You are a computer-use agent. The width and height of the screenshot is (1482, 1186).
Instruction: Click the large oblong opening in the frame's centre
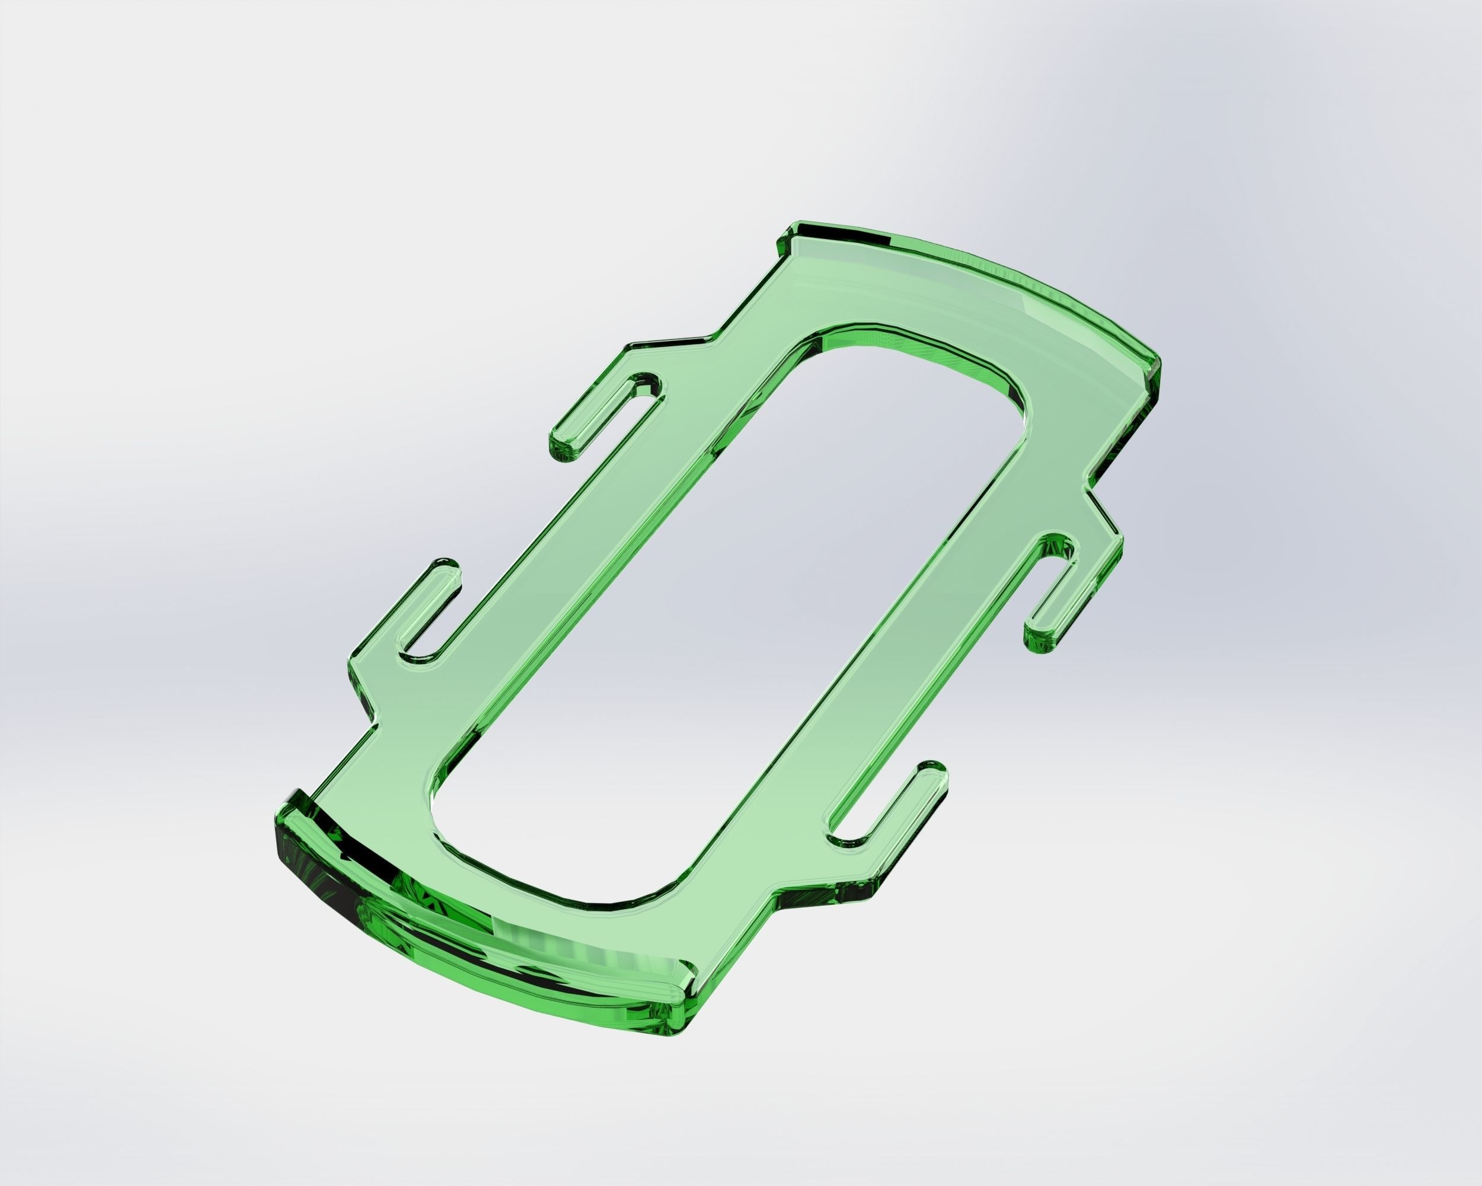point(729,618)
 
